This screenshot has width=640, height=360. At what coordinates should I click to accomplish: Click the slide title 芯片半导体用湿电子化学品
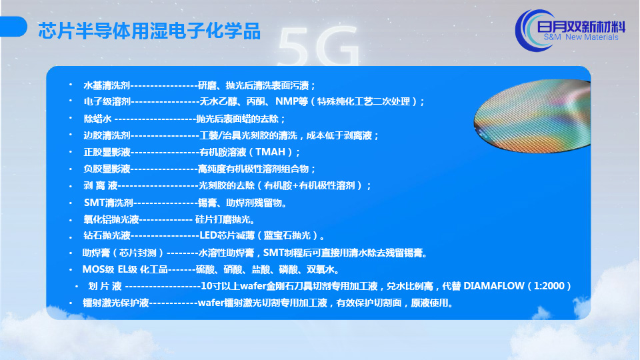pos(149,31)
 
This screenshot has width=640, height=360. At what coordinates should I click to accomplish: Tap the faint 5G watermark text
pos(319,46)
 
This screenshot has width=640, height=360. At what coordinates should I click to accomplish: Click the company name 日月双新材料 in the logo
pos(581,27)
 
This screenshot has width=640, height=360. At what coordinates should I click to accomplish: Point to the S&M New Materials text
pos(581,37)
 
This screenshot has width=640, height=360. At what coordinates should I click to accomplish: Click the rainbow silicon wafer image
pos(532,116)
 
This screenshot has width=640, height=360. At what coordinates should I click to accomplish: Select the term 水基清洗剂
pos(107,86)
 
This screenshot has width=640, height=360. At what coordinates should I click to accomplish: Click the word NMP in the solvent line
pos(287,101)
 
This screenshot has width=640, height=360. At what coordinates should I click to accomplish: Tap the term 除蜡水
pos(97,119)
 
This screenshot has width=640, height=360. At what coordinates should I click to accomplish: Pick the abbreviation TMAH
pos(270,152)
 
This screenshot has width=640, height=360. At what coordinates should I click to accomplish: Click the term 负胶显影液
pos(107,169)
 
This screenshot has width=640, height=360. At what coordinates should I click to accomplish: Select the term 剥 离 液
pos(101,186)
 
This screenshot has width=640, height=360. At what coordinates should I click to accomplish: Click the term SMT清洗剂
pos(109,203)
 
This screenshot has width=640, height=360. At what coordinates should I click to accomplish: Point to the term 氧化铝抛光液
pos(111,219)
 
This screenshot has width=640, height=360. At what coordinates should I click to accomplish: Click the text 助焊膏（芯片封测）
pos(123,253)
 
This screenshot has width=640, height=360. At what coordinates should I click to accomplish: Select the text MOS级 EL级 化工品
pos(125,269)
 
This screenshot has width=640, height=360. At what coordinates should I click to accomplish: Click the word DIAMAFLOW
pos(494,286)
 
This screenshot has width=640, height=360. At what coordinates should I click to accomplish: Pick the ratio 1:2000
pos(549,286)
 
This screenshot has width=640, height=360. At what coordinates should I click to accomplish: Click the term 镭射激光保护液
pos(115,303)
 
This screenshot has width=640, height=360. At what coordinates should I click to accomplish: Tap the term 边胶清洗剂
pos(107,135)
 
